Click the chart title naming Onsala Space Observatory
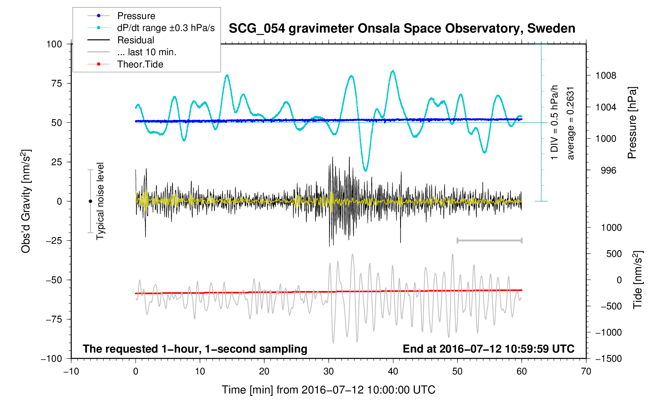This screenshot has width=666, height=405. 402,29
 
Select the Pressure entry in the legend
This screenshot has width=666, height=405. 136,16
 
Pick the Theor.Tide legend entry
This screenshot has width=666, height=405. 140,64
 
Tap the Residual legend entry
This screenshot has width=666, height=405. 136,40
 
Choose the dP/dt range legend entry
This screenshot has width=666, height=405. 166,28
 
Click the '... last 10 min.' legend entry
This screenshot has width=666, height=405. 147,52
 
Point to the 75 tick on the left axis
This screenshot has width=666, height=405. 56,83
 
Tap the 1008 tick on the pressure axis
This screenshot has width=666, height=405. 606,75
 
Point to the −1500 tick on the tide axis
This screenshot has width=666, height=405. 608,359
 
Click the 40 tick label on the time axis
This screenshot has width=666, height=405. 393,372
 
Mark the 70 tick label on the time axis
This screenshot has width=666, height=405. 586,372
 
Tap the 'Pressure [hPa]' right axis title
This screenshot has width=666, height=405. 632,123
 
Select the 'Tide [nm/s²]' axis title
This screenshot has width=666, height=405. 637,280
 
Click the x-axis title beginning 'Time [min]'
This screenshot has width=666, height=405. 328,390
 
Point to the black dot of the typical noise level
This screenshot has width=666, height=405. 90,201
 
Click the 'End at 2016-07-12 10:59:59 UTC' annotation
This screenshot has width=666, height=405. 488,349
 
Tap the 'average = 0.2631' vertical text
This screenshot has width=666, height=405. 571,123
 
